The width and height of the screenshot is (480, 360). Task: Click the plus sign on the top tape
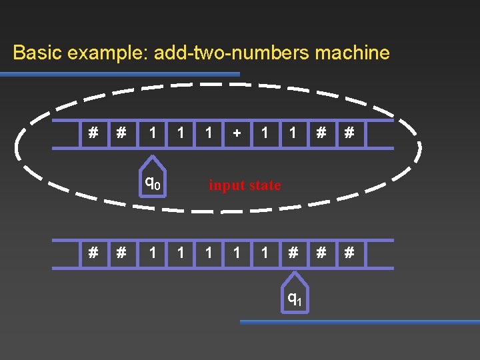(x=237, y=133)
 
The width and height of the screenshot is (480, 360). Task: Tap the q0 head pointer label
(x=153, y=181)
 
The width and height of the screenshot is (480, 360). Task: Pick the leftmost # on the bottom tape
(x=93, y=253)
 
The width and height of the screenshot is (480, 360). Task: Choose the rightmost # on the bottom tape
(x=348, y=253)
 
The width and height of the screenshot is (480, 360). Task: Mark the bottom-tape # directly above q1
(x=293, y=253)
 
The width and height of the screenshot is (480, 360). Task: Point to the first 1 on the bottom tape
(x=153, y=253)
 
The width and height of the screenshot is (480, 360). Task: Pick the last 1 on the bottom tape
(x=265, y=253)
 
